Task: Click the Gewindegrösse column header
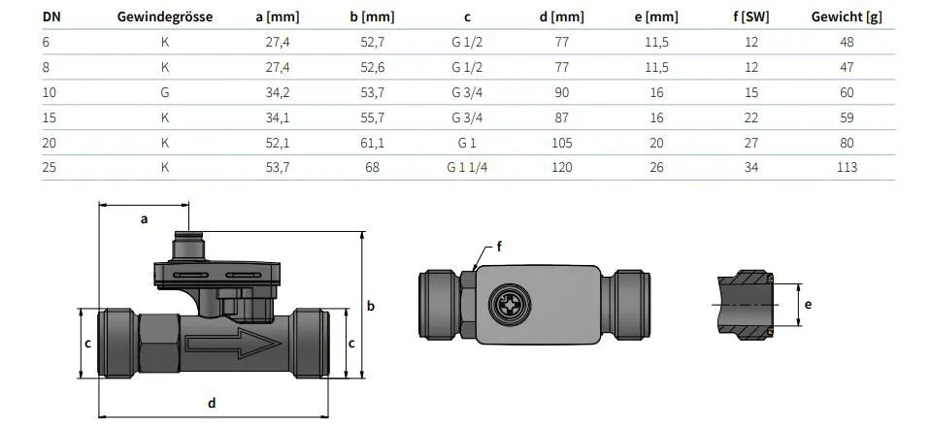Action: (x=165, y=17)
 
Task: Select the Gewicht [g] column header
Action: (x=847, y=17)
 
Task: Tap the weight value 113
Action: (x=847, y=168)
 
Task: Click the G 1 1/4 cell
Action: (x=467, y=168)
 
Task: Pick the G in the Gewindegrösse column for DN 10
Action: (x=165, y=92)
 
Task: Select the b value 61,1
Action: (x=372, y=143)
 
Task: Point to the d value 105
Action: (x=562, y=143)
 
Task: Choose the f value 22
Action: (x=751, y=117)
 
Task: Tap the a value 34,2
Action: (x=278, y=92)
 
